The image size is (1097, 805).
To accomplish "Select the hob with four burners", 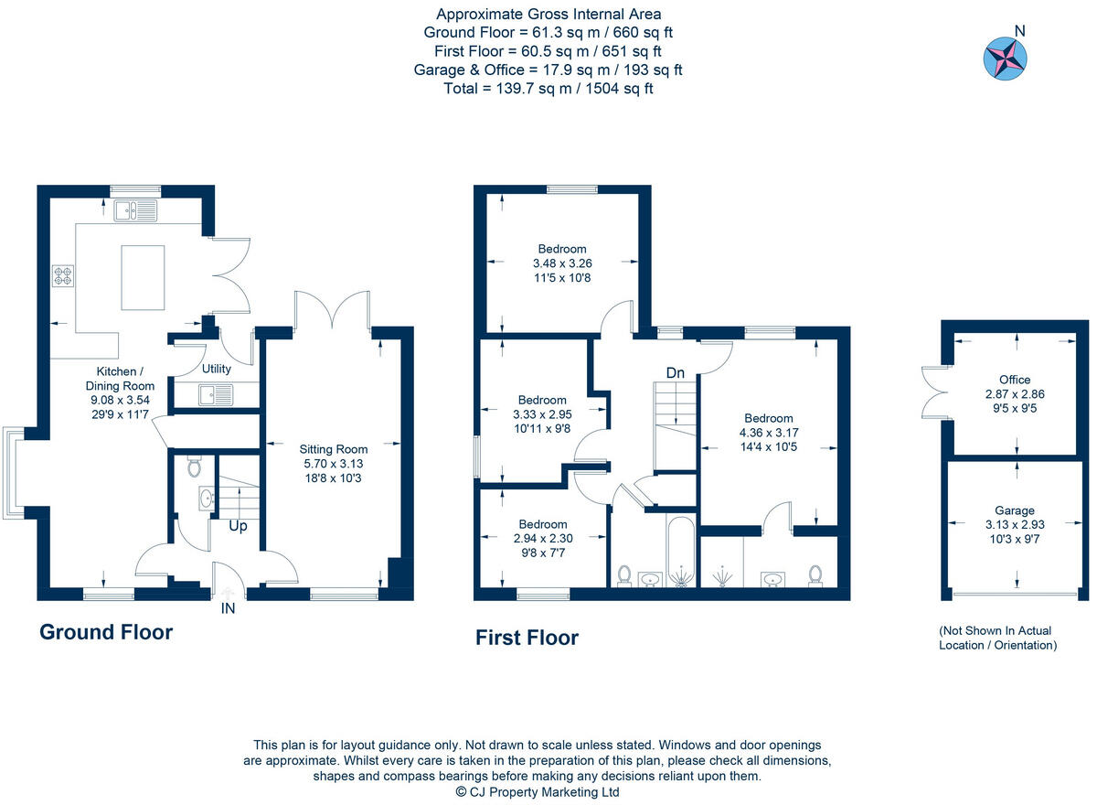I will coord(63,275).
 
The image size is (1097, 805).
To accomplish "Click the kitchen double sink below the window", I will coord(135,212).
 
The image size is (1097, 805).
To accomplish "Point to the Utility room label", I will coord(217,370).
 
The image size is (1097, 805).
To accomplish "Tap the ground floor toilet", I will coord(193,467).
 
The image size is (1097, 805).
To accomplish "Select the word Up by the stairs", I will coord(237,527).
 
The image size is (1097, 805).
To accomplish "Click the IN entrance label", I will coord(228,607).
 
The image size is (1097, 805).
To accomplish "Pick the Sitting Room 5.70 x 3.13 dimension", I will coord(333,464).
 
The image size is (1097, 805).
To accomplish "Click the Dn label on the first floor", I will coord(676,373).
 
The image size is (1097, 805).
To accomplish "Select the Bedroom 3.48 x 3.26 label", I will coord(561,263).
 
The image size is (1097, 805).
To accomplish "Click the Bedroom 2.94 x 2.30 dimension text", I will coord(543,539).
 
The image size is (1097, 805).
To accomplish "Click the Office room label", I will coord(1014,380).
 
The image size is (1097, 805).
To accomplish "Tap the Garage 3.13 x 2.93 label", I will coord(1014,524).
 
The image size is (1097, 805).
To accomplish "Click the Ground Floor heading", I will coord(106,632).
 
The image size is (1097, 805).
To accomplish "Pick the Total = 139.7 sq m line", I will coord(548,88).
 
